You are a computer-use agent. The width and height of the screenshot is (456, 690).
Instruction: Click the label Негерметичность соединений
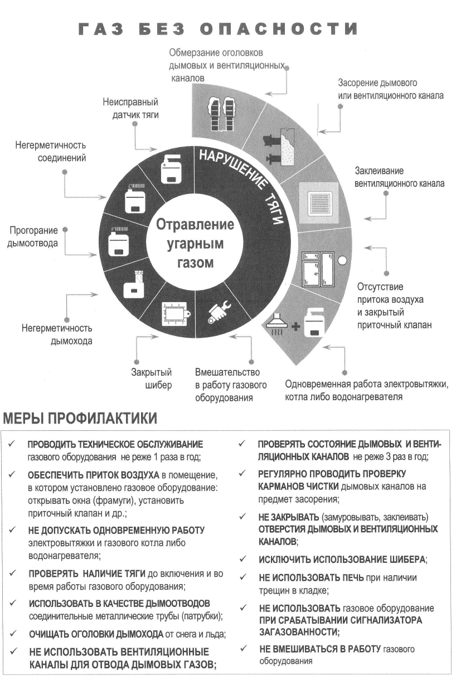coord(51,152)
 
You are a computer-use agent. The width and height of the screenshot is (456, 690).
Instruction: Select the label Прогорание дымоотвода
coord(33,236)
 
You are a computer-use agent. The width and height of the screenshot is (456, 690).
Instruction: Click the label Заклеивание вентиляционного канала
coord(399,177)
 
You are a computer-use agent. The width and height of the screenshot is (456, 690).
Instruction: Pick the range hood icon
coord(276,322)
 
